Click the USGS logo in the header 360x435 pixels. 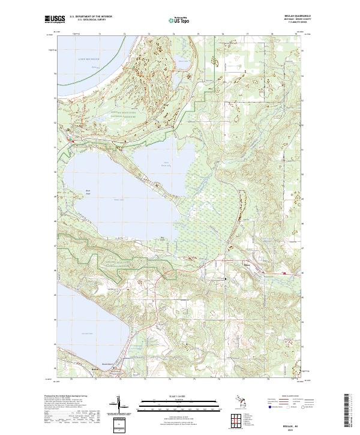pyautogui.click(x=55, y=19)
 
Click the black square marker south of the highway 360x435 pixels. pyautogui.click(x=226, y=279)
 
